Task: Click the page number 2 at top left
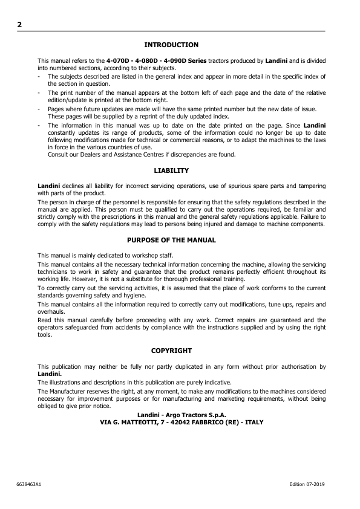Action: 19,25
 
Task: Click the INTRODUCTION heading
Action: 171,45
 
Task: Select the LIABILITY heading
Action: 171,170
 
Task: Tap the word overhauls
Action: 51,312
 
